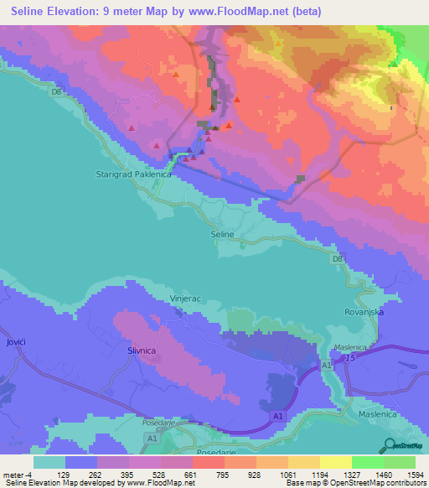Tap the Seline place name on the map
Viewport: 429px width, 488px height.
[221, 236]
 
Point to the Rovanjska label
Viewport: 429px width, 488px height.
[364, 311]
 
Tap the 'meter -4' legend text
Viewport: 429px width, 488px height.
[18, 474]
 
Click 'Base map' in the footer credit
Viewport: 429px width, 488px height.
[302, 483]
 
